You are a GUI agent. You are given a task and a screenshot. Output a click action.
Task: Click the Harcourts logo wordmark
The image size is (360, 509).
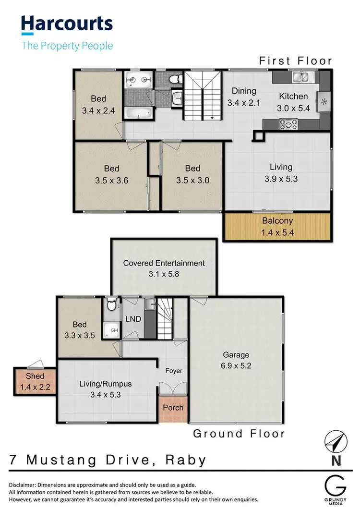(66, 24)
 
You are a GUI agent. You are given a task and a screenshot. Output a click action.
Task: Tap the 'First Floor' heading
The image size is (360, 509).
(295, 61)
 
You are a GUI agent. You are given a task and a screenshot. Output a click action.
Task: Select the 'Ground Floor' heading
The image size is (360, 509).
(239, 434)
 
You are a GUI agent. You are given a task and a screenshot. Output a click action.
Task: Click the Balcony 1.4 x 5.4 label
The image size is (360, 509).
(277, 226)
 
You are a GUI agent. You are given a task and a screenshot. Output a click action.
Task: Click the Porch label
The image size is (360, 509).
(173, 408)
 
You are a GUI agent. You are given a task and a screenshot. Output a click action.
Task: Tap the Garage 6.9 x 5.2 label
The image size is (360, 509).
(236, 360)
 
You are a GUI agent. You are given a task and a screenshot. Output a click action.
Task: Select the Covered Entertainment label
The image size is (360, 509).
(164, 268)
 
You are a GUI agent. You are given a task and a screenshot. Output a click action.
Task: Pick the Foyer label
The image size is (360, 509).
(173, 371)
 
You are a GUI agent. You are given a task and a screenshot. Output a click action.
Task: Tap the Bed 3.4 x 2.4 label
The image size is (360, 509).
(98, 104)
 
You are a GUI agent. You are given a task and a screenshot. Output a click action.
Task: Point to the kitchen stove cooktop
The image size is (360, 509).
(288, 125)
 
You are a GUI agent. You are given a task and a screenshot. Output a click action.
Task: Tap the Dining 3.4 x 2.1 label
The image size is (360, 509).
(244, 96)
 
